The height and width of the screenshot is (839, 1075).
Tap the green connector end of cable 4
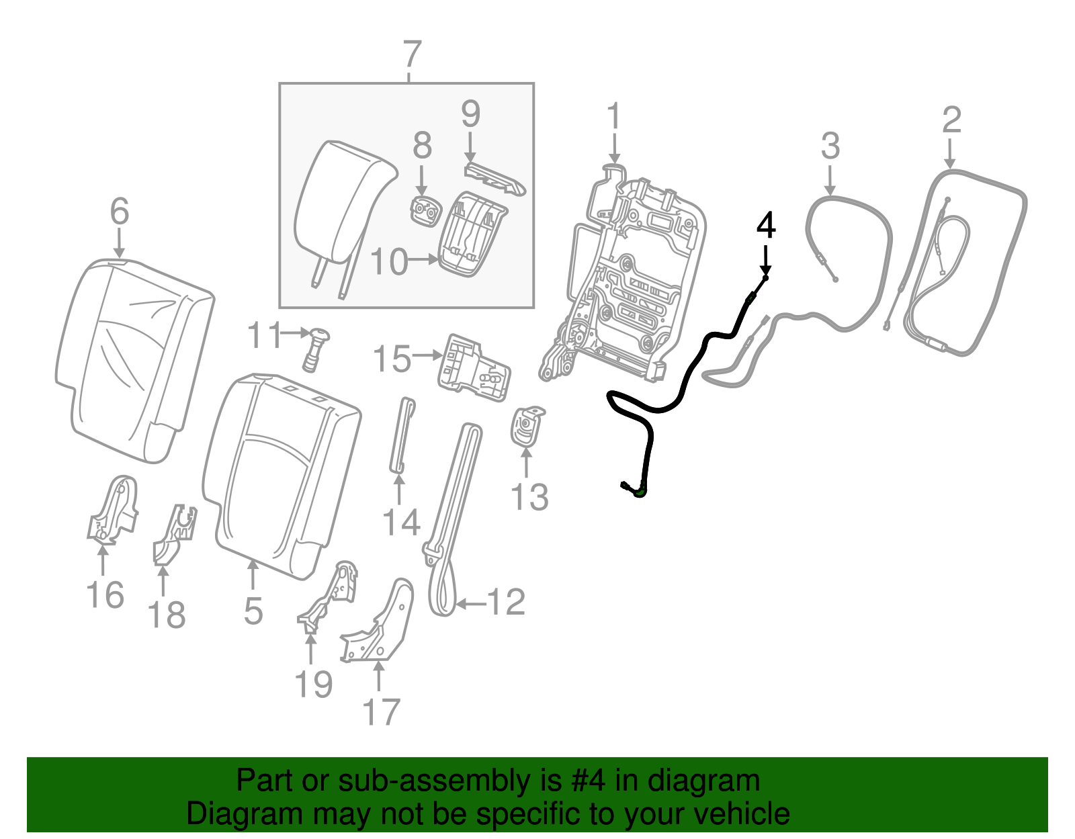coord(639,492)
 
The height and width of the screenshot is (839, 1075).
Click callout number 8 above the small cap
coord(422,146)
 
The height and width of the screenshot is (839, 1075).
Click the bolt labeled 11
coord(316,348)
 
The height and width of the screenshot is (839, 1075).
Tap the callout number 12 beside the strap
coord(505,602)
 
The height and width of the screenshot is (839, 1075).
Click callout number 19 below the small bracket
coord(314,685)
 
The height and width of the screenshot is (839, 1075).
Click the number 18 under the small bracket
coord(167,615)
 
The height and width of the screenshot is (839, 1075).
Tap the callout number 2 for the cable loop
coord(951,121)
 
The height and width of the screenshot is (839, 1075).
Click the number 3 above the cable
coord(830,146)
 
